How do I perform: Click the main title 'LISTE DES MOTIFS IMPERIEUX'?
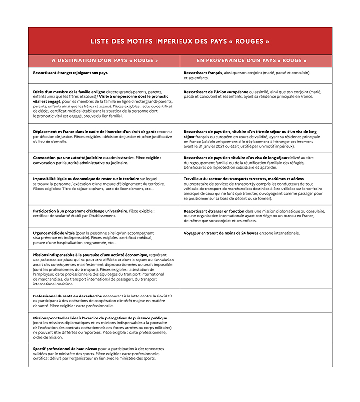(180, 41)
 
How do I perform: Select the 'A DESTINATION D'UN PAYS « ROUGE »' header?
(105, 61)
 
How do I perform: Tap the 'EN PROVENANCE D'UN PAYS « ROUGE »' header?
(255, 61)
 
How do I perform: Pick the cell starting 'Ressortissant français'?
(246, 75)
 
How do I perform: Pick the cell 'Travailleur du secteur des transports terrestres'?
(254, 189)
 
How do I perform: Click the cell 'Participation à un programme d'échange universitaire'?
(94, 213)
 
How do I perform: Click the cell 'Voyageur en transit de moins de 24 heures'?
(241, 233)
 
